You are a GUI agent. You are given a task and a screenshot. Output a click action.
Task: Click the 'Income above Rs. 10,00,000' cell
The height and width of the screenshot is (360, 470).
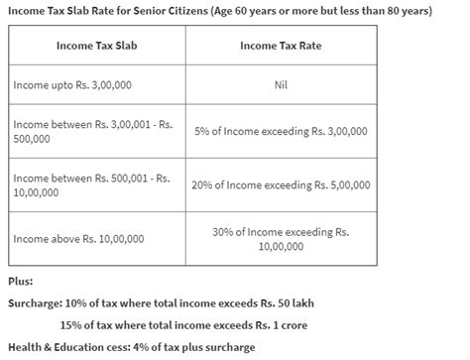pos(79,238)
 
